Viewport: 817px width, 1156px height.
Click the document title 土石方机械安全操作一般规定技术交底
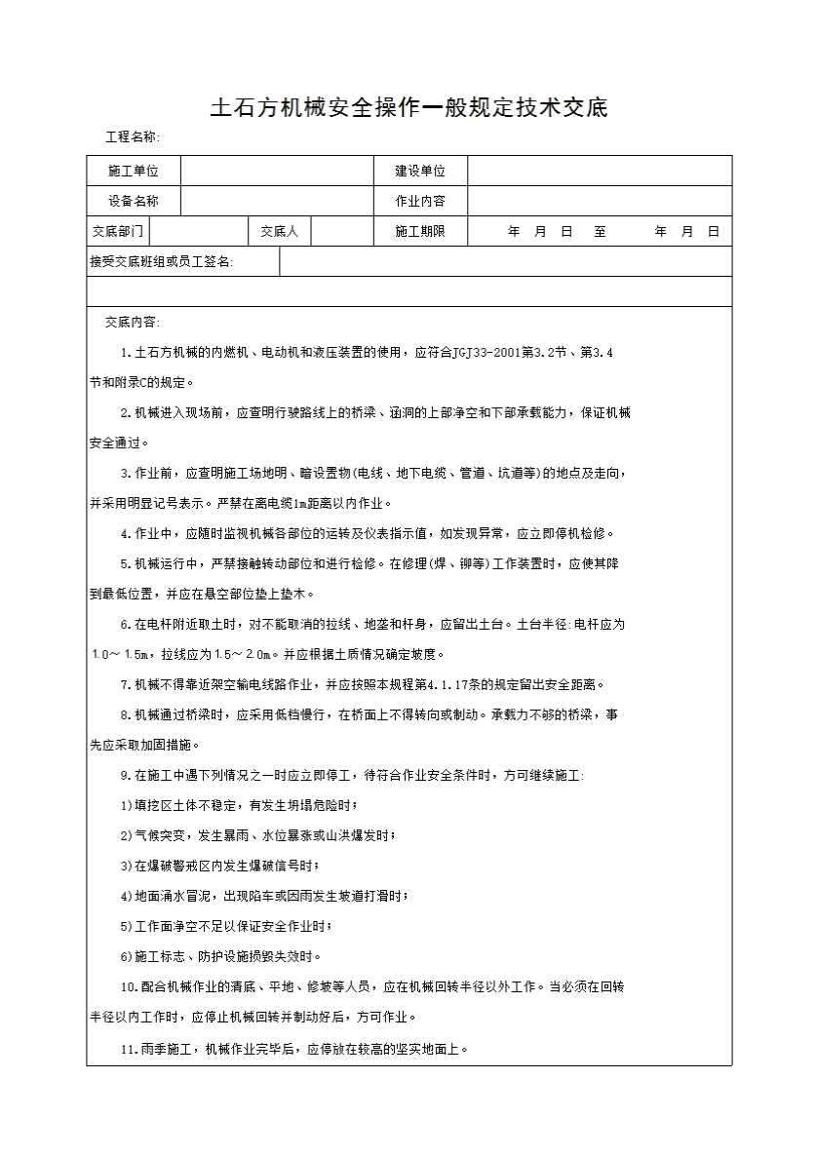click(x=408, y=108)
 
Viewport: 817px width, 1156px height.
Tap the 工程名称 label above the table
click(x=133, y=137)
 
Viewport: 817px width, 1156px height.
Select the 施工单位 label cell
click(x=133, y=171)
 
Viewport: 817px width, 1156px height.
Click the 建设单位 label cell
click(x=420, y=171)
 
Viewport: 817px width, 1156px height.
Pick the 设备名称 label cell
click(x=133, y=201)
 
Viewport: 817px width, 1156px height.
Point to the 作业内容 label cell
click(x=420, y=201)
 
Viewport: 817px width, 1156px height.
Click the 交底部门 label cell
click(x=118, y=231)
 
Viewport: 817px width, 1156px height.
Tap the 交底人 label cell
click(x=280, y=231)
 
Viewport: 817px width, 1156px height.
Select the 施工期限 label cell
click(x=420, y=231)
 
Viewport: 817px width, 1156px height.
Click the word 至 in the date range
click(x=600, y=232)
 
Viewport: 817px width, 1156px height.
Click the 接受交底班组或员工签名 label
click(x=162, y=261)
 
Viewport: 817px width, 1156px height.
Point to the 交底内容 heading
click(x=133, y=322)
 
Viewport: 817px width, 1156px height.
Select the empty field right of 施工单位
click(x=277, y=171)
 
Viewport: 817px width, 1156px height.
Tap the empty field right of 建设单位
click(x=599, y=171)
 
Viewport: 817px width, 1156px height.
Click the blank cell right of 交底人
click(x=342, y=231)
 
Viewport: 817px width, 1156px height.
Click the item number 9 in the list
click(x=125, y=775)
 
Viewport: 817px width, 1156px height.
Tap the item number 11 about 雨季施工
click(x=128, y=1050)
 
